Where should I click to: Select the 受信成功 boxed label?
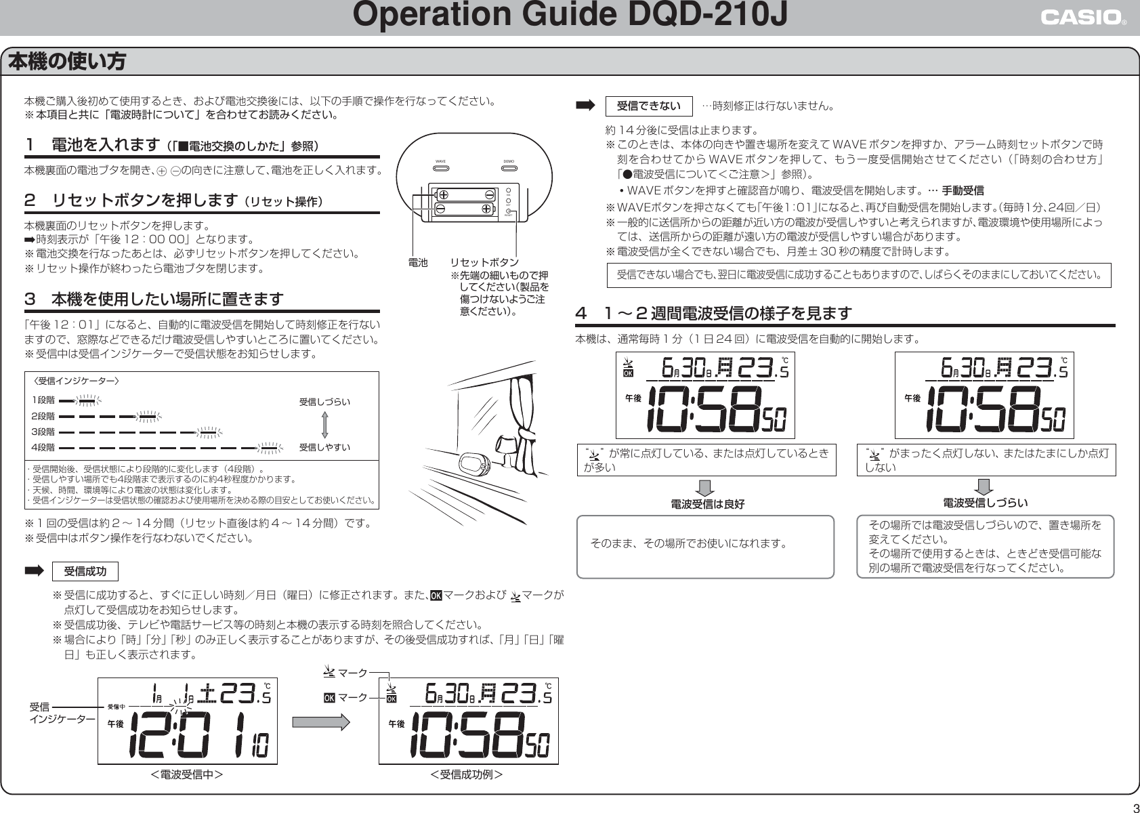(x=85, y=571)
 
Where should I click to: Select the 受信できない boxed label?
(x=648, y=106)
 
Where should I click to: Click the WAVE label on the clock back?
(x=440, y=162)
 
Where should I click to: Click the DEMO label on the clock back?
(x=509, y=162)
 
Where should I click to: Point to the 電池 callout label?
(x=418, y=262)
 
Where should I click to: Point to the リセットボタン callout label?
(x=484, y=262)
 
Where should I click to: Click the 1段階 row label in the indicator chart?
(x=43, y=400)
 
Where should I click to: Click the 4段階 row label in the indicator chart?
(x=43, y=447)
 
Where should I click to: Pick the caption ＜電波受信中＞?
(x=187, y=774)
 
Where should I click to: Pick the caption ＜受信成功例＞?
(x=467, y=774)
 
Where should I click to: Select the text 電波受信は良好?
(x=707, y=504)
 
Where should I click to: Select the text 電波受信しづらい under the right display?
(x=986, y=503)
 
